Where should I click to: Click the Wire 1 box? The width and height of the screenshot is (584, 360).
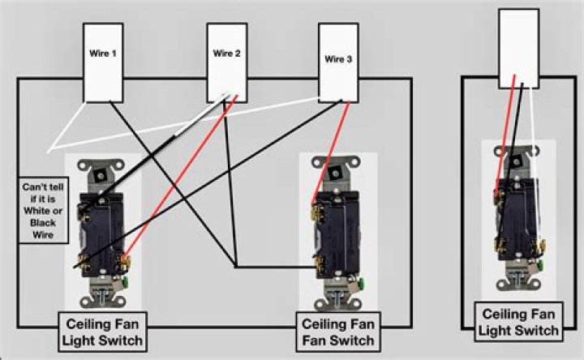coord(103,63)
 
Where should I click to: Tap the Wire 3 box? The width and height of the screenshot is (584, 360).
coord(337,62)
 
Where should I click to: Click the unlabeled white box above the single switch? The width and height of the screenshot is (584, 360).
coord(518,48)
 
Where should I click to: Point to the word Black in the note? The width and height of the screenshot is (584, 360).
coord(38,221)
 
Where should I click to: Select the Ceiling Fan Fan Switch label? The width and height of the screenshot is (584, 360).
coord(338,332)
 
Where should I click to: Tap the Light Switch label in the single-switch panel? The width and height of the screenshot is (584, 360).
coord(519,330)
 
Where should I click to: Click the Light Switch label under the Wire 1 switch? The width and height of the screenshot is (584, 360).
coord(102,340)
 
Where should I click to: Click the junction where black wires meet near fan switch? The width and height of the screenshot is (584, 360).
coord(235,266)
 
